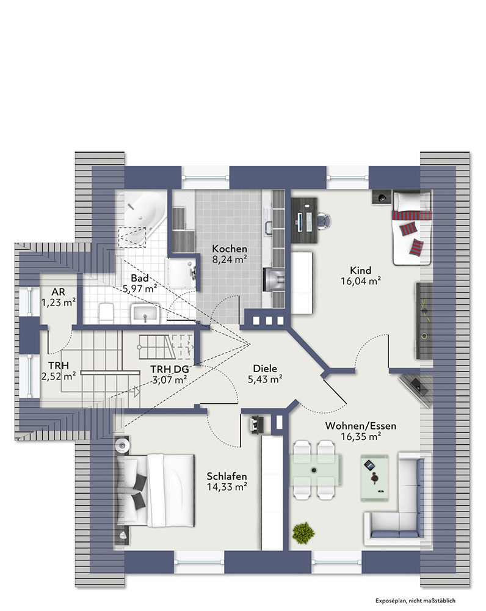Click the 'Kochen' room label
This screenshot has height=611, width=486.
(230, 249)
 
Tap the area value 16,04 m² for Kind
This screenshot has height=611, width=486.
(361, 281)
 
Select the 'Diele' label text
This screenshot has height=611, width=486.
(265, 368)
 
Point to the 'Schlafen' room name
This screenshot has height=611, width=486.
(227, 476)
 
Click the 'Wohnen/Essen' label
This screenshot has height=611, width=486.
(361, 426)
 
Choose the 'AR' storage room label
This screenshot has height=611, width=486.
(59, 292)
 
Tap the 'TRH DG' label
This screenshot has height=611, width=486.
(169, 369)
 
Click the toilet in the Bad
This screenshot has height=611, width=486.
(106, 313)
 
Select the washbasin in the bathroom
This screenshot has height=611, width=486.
(145, 314)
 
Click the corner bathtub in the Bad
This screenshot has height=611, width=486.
(141, 218)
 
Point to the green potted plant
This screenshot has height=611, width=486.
(303, 533)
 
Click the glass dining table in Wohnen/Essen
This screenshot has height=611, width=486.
(314, 469)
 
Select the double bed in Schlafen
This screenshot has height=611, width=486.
(155, 490)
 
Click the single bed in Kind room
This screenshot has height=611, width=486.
(412, 228)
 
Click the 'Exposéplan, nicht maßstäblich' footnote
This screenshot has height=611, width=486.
(416, 601)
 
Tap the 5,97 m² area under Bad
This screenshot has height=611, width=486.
(140, 289)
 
